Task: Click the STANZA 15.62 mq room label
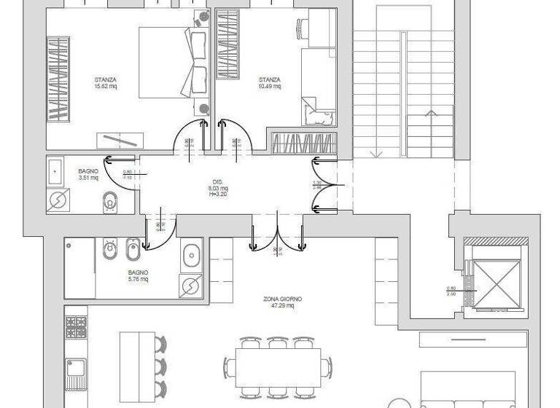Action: (x=106, y=83)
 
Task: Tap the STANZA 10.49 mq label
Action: (x=270, y=83)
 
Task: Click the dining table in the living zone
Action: (x=278, y=369)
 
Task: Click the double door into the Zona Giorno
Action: (x=277, y=237)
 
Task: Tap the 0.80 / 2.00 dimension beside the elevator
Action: (x=451, y=291)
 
